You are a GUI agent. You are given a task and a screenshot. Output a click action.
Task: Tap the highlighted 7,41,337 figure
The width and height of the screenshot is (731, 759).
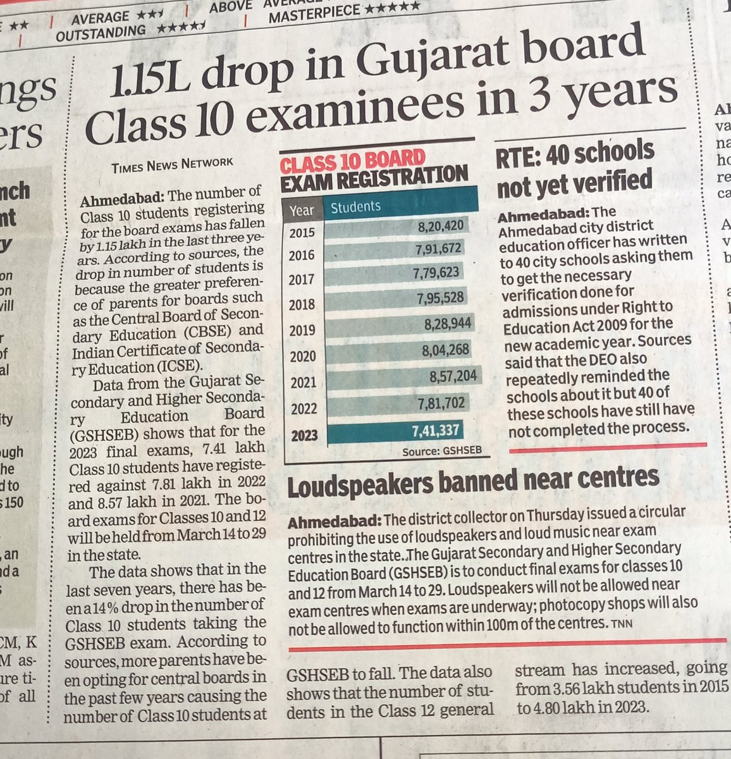[432, 431]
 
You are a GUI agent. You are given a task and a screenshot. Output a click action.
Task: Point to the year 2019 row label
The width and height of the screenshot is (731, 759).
[303, 331]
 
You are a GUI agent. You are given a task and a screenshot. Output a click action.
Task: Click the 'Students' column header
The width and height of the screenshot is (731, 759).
[356, 206]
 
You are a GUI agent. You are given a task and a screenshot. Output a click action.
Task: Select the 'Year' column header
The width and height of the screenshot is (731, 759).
[302, 209]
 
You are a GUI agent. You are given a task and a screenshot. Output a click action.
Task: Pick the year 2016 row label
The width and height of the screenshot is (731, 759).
[302, 256]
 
